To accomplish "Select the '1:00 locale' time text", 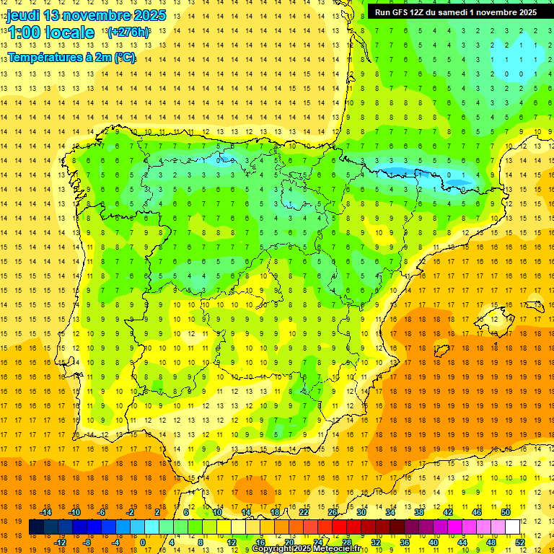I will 50,32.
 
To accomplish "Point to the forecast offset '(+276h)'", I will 128,32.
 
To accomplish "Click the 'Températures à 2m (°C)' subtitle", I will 71,58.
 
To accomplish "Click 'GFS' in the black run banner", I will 402,12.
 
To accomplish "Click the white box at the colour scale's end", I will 513,527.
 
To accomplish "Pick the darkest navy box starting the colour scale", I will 36,527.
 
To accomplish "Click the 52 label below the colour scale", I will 520,542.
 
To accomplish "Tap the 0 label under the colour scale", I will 142,542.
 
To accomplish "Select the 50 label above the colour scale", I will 506,512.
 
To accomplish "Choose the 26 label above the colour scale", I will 333,512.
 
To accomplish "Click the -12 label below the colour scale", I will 61,542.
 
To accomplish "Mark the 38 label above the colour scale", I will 419,512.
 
